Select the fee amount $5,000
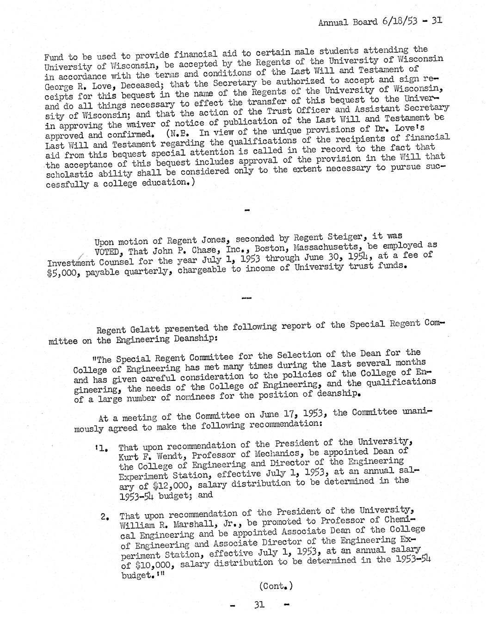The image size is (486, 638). point(60,272)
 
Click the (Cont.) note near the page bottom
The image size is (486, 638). point(276,586)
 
